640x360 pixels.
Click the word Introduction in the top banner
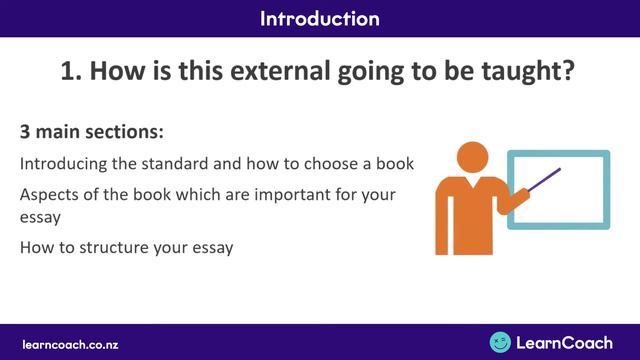tap(319, 18)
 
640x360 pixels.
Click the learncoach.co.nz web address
tap(71, 343)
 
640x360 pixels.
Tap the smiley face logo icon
tap(500, 342)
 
